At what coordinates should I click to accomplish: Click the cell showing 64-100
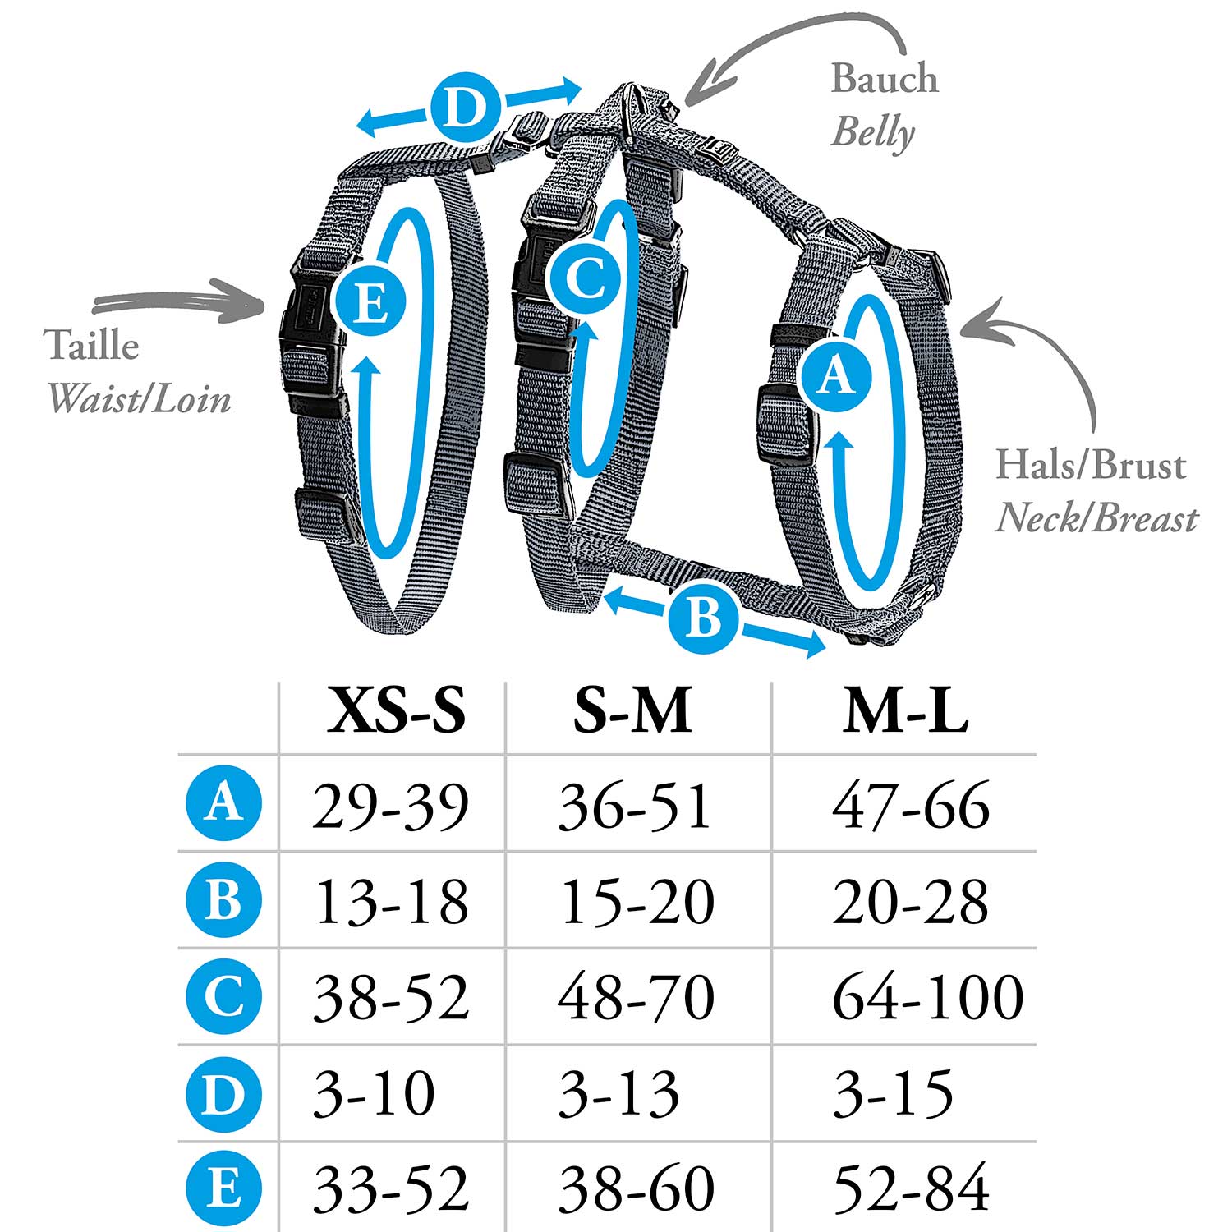(928, 997)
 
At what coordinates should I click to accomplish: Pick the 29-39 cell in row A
(391, 806)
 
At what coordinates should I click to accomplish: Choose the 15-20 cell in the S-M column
(637, 902)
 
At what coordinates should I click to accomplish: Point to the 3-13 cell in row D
(619, 1093)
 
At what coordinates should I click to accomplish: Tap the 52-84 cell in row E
(911, 1188)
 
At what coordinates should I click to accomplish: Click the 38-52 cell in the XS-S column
(391, 997)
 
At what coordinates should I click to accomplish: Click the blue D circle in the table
(223, 1093)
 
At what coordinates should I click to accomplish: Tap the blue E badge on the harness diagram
(370, 305)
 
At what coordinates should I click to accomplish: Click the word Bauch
(885, 78)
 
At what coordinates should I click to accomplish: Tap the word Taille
(92, 344)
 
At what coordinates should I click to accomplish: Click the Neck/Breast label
(1096, 519)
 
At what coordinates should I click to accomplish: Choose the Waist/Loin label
(139, 400)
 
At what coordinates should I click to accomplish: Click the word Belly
(872, 134)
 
